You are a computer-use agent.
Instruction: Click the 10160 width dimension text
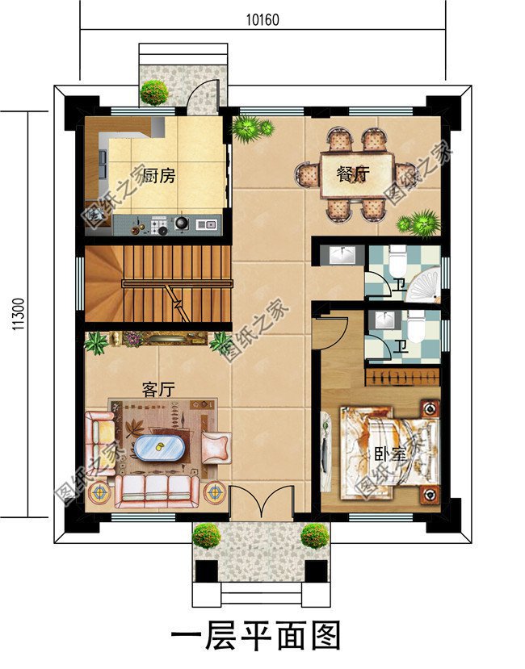click(x=262, y=20)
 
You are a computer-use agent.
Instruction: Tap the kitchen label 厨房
click(x=158, y=175)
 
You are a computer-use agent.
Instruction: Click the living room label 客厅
click(x=158, y=389)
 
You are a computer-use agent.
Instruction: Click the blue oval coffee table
click(x=157, y=446)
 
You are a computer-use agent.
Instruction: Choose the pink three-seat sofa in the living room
click(x=156, y=487)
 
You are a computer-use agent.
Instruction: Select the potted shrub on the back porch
click(x=153, y=91)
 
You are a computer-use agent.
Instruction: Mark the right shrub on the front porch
click(x=315, y=534)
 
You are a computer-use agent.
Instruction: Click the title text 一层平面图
click(x=257, y=637)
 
